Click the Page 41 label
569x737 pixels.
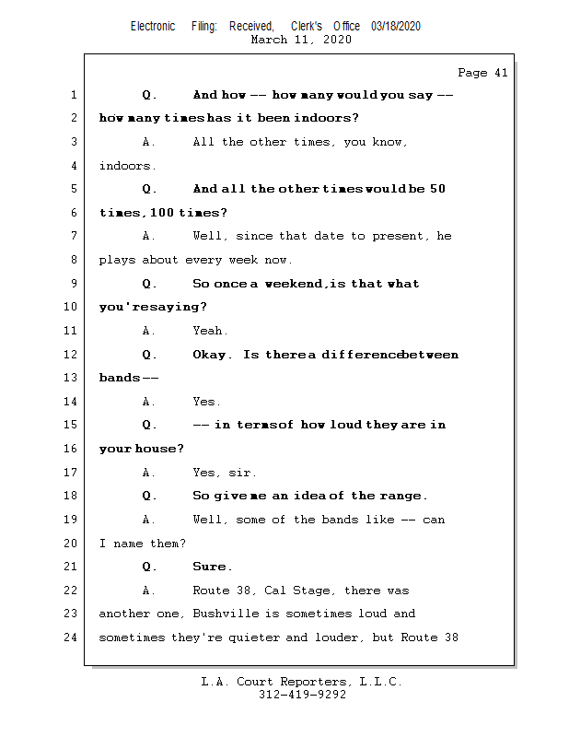tap(482, 73)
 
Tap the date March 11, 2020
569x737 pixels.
tap(301, 40)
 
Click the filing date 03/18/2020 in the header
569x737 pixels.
tap(396, 27)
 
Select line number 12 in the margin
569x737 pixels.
tap(73, 355)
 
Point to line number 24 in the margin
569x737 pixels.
tap(73, 638)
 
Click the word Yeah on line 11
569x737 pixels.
tap(210, 331)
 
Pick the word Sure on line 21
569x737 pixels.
tap(212, 567)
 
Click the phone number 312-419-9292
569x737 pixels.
tap(302, 696)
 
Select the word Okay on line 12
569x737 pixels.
tap(212, 355)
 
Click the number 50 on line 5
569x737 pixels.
tap(437, 189)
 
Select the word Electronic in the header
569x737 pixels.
tap(153, 27)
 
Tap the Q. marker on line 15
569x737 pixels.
tap(149, 425)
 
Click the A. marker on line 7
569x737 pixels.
tap(148, 236)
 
